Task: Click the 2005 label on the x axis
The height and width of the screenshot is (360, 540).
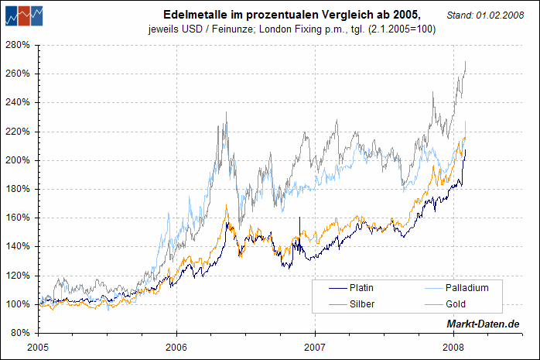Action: tap(39, 345)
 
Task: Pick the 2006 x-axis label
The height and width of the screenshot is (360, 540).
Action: tap(176, 345)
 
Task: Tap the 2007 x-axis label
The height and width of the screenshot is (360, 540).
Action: tap(315, 345)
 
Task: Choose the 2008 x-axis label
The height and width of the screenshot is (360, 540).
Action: tap(453, 345)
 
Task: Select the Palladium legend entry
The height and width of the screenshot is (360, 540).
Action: tap(467, 288)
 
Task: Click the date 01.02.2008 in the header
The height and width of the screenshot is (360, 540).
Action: tap(506, 15)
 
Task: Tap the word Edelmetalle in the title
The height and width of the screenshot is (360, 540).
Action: tap(193, 15)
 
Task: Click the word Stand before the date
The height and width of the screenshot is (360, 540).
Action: tap(460, 15)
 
